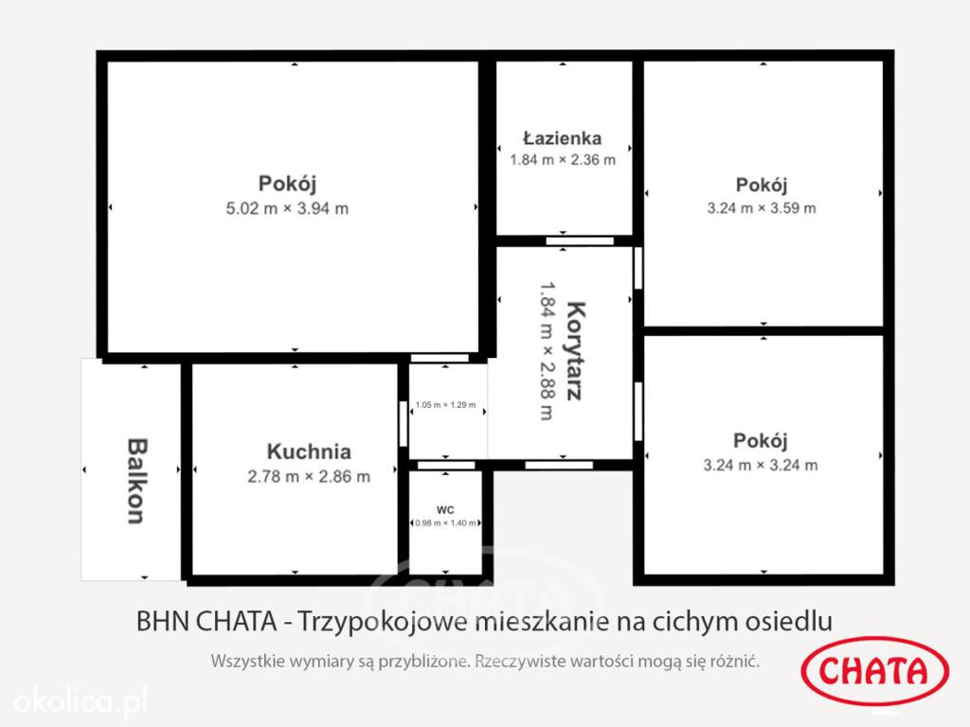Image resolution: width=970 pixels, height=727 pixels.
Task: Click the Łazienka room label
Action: (x=562, y=138)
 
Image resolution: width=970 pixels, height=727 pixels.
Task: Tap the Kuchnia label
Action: (x=309, y=452)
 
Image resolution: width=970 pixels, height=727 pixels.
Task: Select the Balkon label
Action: (x=137, y=481)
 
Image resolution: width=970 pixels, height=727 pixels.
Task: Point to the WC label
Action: (x=445, y=510)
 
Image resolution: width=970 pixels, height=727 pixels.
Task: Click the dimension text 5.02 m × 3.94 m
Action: (x=287, y=208)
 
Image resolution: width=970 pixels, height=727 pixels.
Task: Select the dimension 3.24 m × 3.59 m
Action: (x=762, y=208)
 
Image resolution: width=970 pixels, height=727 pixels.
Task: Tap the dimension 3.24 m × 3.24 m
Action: (x=761, y=466)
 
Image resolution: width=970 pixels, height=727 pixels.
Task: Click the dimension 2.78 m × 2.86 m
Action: (x=309, y=477)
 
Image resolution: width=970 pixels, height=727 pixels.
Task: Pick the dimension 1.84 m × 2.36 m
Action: (x=563, y=160)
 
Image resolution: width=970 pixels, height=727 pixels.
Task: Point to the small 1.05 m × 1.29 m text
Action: (x=445, y=405)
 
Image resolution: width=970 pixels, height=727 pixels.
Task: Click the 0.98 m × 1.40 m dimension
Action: (x=445, y=523)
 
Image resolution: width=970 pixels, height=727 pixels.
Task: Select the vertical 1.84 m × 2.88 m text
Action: (x=547, y=351)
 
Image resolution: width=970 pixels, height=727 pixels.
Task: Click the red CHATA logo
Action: (x=874, y=671)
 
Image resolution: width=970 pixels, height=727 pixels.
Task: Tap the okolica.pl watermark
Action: (x=81, y=701)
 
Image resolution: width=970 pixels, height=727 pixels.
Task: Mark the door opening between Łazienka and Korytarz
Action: (x=580, y=241)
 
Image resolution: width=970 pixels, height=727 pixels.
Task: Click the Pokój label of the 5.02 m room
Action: (x=287, y=185)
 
